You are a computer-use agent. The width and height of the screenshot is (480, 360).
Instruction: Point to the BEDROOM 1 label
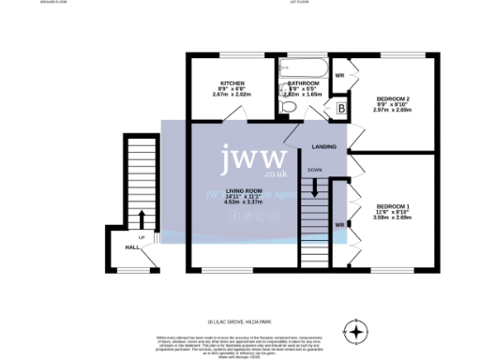point(393,205)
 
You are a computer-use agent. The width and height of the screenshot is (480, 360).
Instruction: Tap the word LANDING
point(324,147)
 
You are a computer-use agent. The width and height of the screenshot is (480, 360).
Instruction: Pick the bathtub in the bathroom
point(301,68)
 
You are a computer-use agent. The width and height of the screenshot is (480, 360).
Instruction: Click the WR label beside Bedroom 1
point(339,223)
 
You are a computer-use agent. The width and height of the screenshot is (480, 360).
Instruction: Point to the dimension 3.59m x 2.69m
point(393,217)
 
